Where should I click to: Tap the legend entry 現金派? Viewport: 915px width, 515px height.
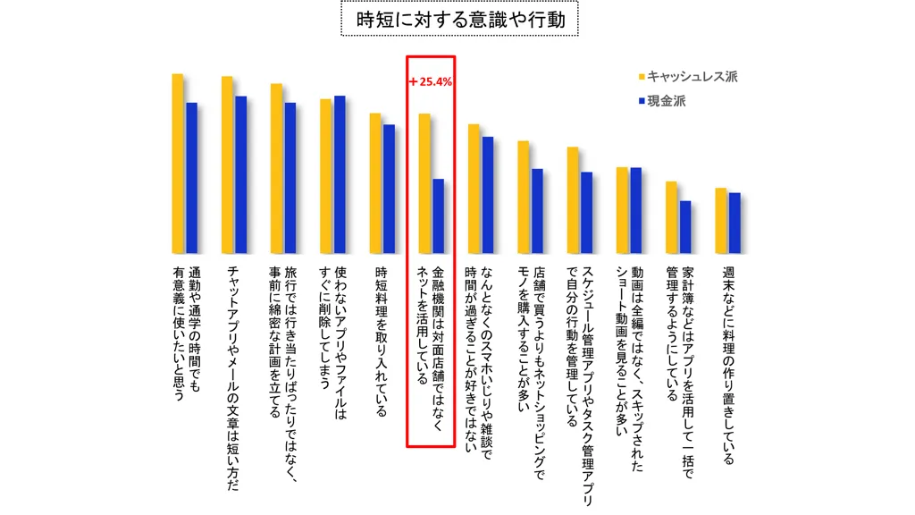click(667, 101)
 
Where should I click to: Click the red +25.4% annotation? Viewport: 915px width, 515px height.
click(431, 81)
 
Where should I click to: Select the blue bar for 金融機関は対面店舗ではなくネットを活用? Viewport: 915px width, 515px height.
click(438, 216)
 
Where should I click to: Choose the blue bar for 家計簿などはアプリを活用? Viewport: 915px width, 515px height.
click(685, 227)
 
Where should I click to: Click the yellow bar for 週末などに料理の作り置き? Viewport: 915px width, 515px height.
click(720, 221)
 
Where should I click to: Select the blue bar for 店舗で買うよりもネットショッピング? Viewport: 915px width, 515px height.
click(537, 211)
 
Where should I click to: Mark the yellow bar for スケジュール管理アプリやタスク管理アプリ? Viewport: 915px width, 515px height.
click(573, 200)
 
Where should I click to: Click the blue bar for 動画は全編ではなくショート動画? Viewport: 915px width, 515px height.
click(636, 210)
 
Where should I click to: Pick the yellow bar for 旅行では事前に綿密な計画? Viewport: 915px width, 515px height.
click(276, 169)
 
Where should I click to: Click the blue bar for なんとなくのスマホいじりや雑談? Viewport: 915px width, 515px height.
click(488, 195)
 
